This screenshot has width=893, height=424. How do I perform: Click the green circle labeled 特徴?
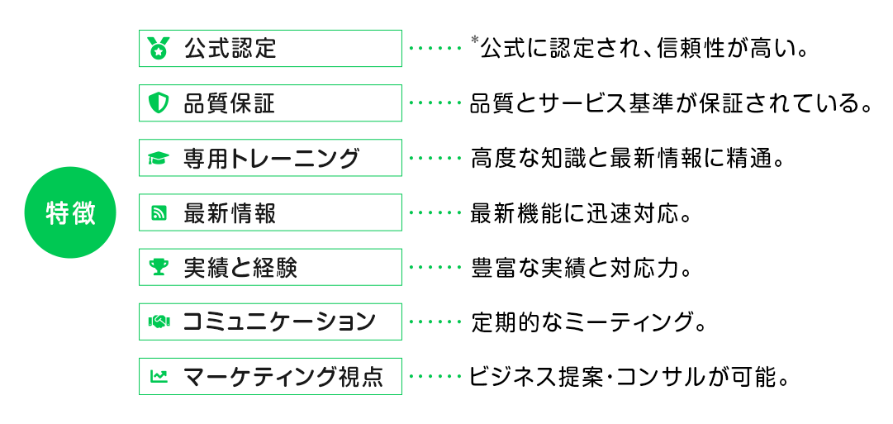pos(70,213)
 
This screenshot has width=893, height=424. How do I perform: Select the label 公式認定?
pos(230,49)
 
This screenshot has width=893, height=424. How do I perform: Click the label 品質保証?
pos(230,103)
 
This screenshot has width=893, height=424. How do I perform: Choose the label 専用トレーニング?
pos(271,159)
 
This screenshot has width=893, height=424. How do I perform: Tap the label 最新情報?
pos(230,213)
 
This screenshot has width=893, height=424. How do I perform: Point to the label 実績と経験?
pos(240,267)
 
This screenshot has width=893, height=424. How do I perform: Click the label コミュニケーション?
pos(279,322)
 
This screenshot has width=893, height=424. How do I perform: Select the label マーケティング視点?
pos(283,376)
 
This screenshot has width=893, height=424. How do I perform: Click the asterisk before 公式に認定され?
pos(474,40)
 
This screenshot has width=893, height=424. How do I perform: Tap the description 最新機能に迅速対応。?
pos(580,213)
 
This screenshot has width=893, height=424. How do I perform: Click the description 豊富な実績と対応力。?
pos(580,267)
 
